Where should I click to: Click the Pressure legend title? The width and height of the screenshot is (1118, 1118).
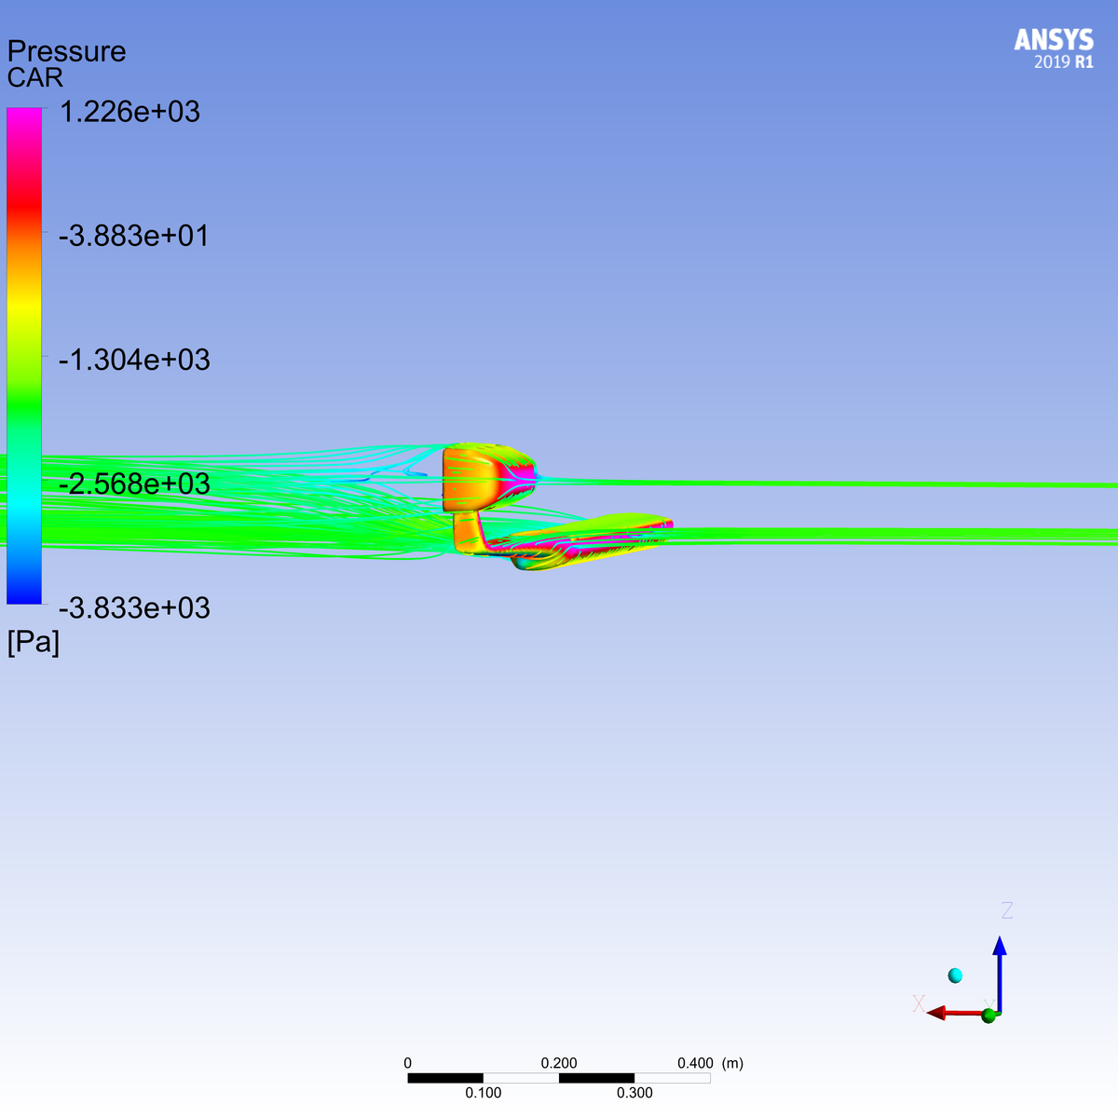click(66, 51)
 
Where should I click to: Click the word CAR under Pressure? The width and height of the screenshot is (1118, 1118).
click(34, 77)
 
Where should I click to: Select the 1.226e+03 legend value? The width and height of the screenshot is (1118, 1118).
click(130, 112)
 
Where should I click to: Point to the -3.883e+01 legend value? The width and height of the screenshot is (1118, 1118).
click(133, 236)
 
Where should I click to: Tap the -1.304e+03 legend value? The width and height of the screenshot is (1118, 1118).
click(134, 360)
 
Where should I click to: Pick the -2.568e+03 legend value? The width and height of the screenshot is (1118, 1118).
click(134, 484)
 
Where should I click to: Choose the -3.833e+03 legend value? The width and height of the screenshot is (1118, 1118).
click(134, 608)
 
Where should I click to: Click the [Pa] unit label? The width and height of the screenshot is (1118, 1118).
click(33, 642)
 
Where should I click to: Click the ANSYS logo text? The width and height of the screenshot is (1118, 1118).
click(1054, 40)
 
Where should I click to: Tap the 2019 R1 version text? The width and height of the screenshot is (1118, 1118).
click(1063, 61)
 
